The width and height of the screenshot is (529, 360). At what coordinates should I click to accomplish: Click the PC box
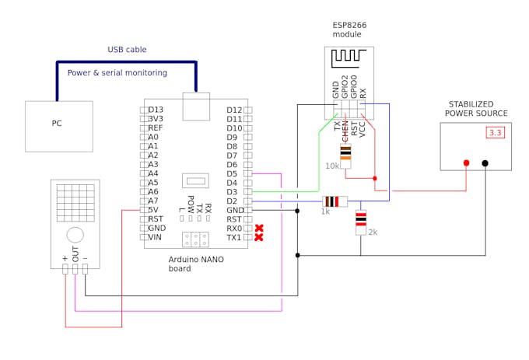[58, 125]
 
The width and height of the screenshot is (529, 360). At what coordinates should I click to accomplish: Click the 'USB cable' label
[127, 50]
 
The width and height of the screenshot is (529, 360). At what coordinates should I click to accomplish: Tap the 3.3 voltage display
[496, 133]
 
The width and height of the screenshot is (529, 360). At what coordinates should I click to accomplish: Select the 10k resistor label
[332, 166]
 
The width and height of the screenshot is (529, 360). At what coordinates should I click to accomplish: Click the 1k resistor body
[335, 201]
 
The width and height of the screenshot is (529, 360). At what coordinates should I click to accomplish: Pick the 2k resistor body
[360, 222]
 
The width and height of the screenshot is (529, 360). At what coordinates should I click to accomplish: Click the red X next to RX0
[258, 229]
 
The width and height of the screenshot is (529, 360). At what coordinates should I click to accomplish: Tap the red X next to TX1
[258, 237]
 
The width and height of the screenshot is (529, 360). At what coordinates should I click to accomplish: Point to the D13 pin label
[156, 110]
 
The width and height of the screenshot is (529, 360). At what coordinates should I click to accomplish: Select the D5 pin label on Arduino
[232, 173]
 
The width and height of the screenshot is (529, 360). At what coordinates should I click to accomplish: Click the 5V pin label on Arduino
[154, 210]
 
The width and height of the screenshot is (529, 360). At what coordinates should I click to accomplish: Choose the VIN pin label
[156, 237]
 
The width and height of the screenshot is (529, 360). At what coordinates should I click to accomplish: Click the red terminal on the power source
[466, 163]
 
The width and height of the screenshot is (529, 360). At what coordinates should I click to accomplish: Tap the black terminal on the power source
[485, 163]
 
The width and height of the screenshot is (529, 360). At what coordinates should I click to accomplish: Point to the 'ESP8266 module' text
[349, 30]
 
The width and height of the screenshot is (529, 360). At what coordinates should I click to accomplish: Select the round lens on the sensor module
[75, 235]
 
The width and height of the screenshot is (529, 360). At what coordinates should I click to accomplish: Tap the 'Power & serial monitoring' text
[117, 73]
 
